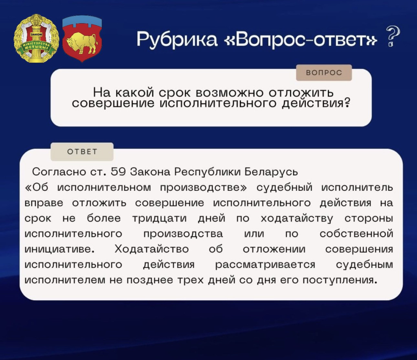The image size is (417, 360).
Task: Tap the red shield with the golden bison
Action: tap(82, 39)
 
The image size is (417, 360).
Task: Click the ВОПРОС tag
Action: tap(324, 73)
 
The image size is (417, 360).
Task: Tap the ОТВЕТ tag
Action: tap(82, 152)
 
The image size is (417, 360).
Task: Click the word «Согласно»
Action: tap(59, 172)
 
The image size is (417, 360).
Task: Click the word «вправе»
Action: tap(43, 203)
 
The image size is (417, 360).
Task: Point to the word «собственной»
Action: tap(356, 234)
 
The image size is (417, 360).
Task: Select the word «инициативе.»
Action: tap(59, 249)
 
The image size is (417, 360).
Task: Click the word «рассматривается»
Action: tap(265, 265)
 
